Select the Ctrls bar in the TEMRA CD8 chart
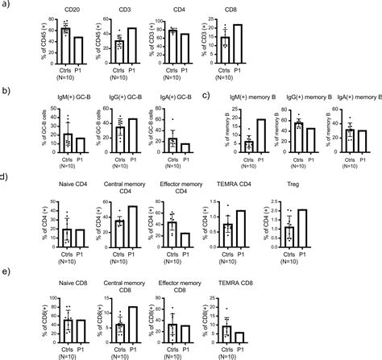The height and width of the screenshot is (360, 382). [x=229, y=335]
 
